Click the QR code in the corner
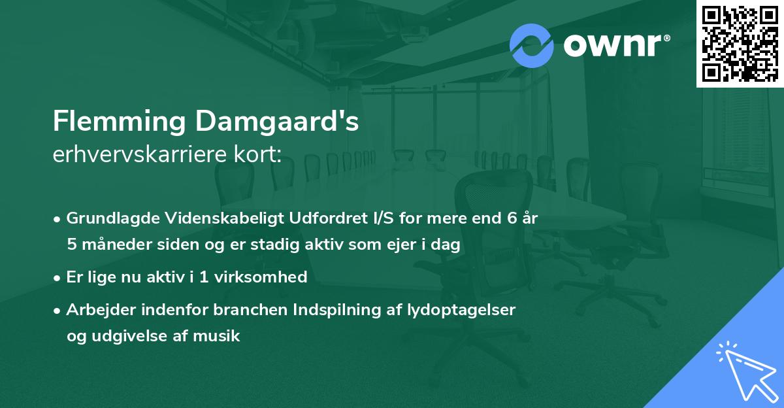pos(740,43)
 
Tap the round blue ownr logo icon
pos(531,45)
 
